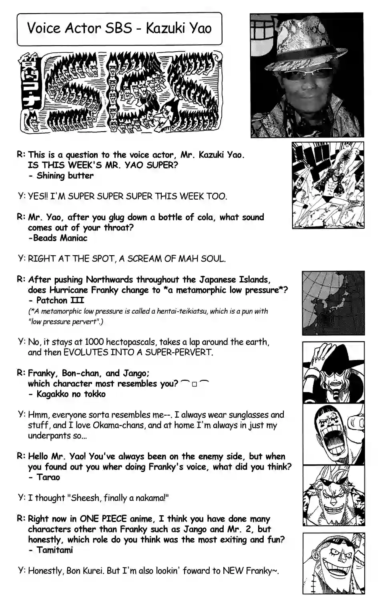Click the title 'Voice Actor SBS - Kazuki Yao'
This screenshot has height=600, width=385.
[x=119, y=28]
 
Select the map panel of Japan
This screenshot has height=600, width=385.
[x=333, y=303]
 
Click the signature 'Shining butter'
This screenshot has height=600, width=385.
[x=65, y=176]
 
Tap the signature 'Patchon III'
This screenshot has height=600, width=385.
[x=60, y=300]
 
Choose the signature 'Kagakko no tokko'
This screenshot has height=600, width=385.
[x=71, y=394]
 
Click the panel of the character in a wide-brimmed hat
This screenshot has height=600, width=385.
[x=333, y=372]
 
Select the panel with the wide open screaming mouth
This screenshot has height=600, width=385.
[x=333, y=434]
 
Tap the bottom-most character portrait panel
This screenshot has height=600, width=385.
[x=333, y=563]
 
